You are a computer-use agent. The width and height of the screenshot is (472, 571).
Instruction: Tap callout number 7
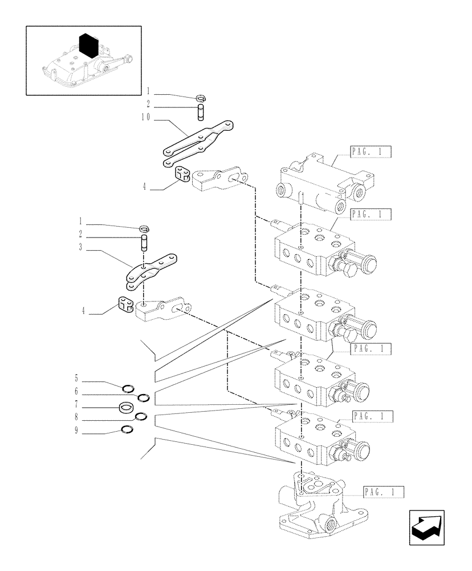(75, 408)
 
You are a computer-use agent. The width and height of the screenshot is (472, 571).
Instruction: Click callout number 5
(75, 379)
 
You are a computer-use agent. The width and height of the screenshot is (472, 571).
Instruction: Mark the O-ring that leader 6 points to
(143, 397)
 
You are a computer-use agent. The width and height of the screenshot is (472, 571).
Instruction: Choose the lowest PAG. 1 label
(383, 492)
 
